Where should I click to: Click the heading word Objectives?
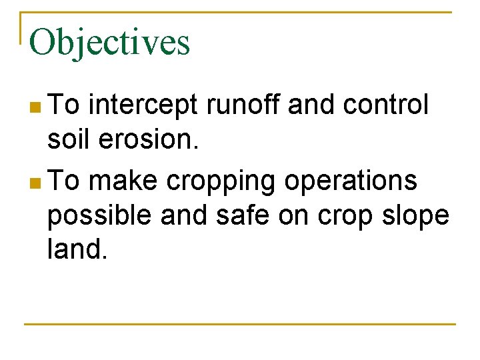[110, 43]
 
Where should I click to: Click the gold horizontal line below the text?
[240, 324]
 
